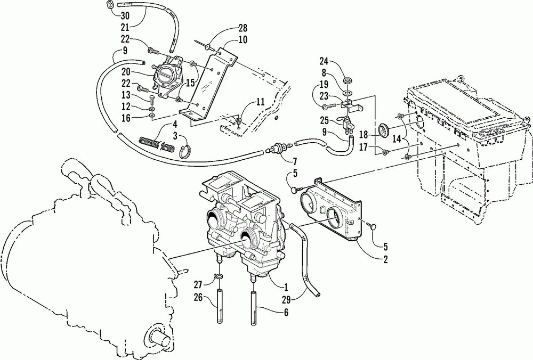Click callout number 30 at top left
coord(125,15)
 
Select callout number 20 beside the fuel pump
coord(126,72)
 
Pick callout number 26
coord(198,298)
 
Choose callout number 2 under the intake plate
coord(385,259)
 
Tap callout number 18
coord(364,135)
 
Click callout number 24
coord(324,61)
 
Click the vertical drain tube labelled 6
coord(253,308)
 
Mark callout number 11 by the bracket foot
coord(260,102)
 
